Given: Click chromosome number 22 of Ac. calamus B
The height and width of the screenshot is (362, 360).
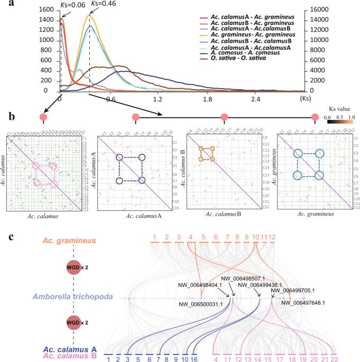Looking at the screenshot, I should click(x=334, y=359).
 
